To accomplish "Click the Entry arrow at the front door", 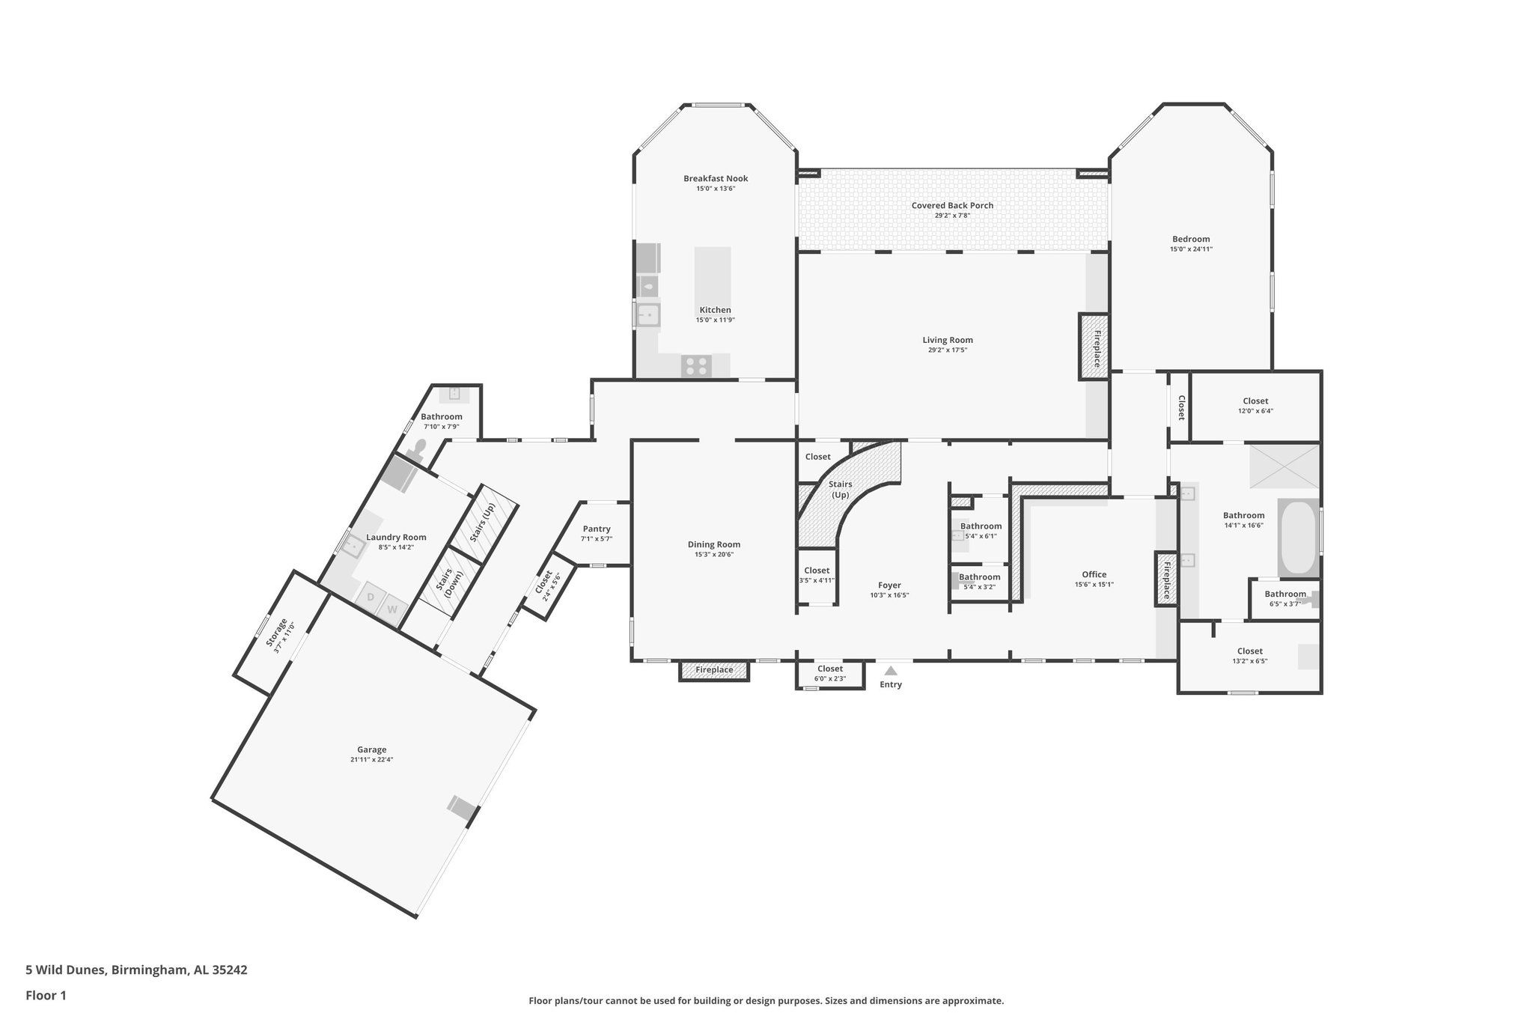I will click(x=890, y=671).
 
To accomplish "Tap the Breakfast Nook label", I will click(x=715, y=178).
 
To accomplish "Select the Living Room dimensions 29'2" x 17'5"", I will click(x=948, y=350).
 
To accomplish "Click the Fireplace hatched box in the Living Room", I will click(x=1094, y=346).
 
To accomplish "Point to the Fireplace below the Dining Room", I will click(x=714, y=670).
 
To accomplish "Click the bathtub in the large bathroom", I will click(x=1298, y=538).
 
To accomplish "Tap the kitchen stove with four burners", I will click(x=695, y=366).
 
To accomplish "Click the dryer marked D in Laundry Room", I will click(x=370, y=597).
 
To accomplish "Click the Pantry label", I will click(x=597, y=529).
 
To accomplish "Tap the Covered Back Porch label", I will click(x=952, y=205).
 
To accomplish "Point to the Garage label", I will click(x=371, y=749).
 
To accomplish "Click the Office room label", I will click(x=1094, y=574).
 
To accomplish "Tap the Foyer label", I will click(x=889, y=585).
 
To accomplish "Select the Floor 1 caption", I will click(x=46, y=996).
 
